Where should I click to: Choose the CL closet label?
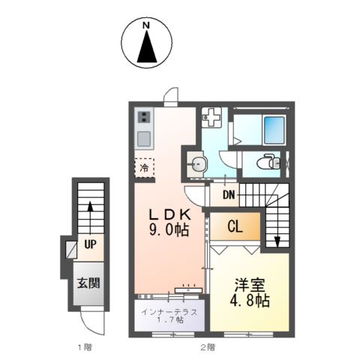point(234,225)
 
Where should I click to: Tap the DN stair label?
point(229,195)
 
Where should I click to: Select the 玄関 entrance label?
point(89,284)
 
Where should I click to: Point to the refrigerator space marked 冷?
point(144,167)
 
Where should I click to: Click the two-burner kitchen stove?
point(143,117)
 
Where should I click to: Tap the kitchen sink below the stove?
point(143,137)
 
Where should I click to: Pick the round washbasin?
point(197,164)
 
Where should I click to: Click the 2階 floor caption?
point(208,347)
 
